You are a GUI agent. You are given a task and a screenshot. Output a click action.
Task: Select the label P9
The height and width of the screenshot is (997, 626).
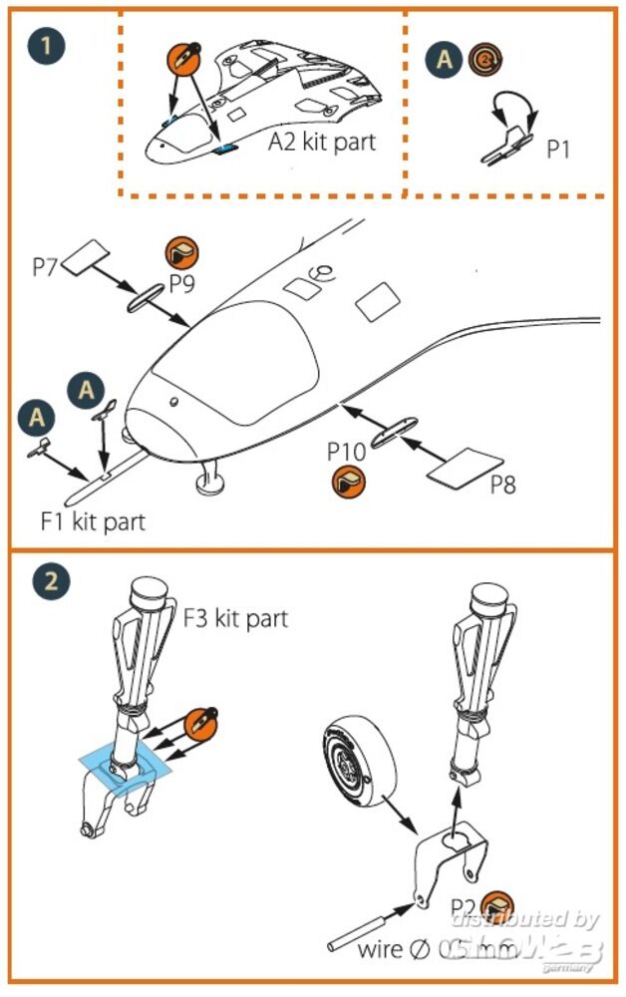[181, 284]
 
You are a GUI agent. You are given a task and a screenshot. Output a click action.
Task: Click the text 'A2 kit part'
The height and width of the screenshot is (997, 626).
[322, 142]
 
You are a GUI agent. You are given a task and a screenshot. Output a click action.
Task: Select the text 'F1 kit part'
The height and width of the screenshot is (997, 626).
[93, 520]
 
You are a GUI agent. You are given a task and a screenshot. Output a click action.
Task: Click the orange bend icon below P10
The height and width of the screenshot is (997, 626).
[349, 485]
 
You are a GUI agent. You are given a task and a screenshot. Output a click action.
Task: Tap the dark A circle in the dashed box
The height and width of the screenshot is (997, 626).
[447, 60]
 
